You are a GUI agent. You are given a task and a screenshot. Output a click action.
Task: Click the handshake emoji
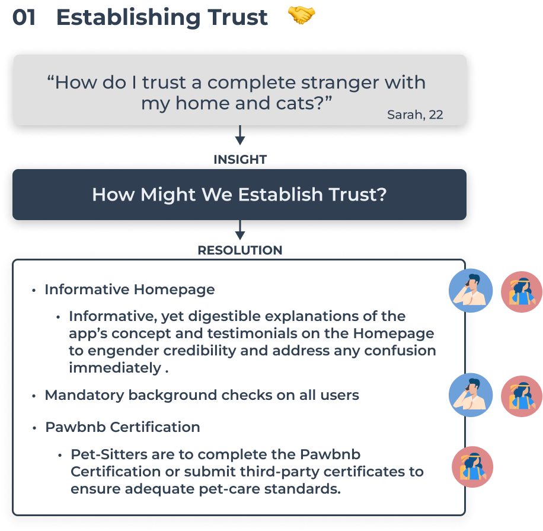304,20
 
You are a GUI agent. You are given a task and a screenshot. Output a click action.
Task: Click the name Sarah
404,115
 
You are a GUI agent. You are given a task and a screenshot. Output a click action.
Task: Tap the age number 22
436,115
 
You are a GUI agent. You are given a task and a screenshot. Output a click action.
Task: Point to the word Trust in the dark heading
356,195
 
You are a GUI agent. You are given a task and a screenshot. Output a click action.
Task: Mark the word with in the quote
405,82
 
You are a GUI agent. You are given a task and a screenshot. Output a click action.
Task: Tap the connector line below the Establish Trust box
240,232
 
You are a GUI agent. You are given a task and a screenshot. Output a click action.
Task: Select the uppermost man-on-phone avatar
469,291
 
